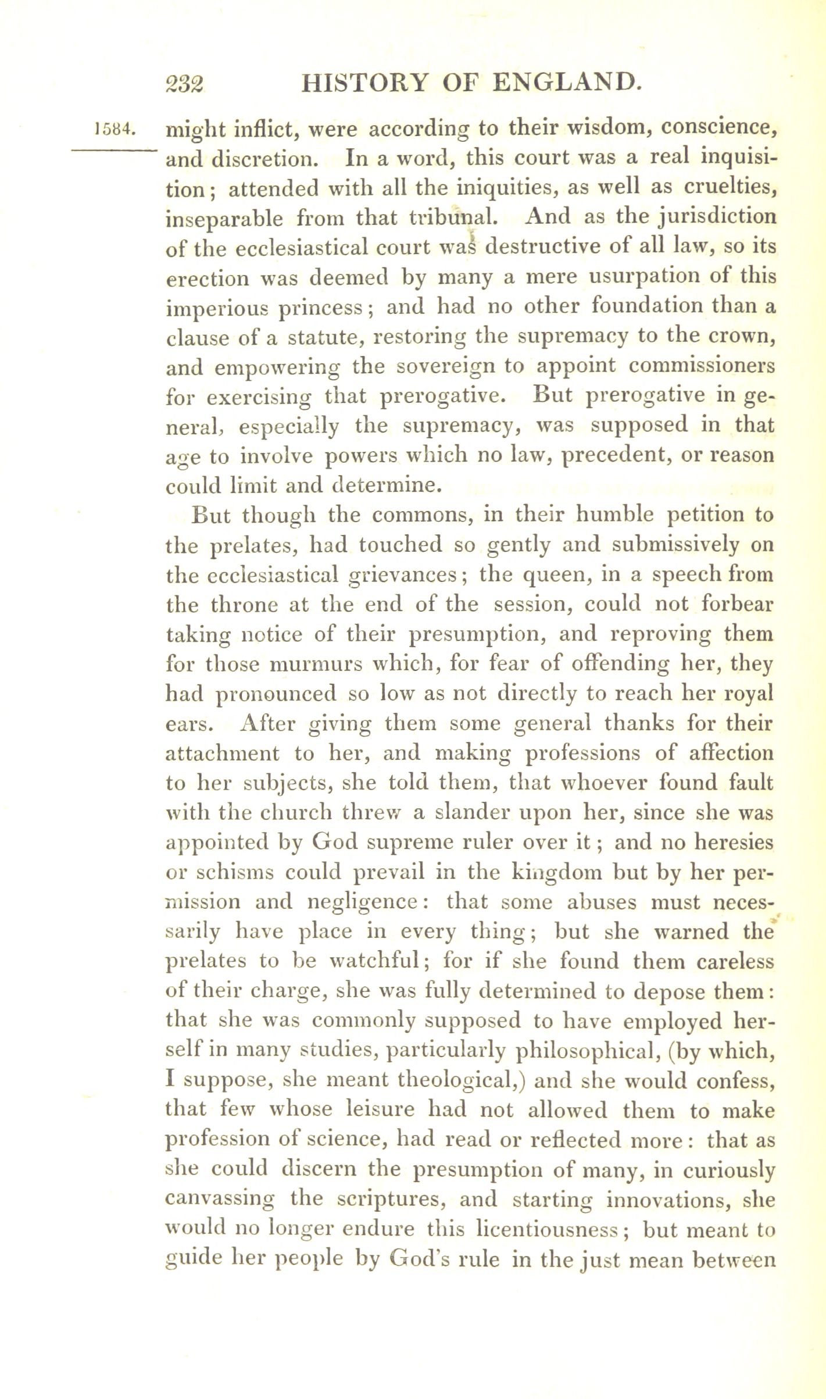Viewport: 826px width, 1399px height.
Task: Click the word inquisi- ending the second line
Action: pyautogui.click(x=739, y=158)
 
